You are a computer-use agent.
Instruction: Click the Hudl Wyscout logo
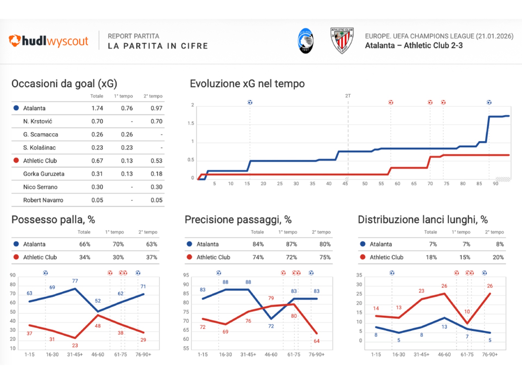[x=48, y=41]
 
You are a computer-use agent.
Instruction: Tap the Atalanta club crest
[x=306, y=41]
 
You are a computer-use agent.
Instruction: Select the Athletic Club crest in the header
[x=342, y=41]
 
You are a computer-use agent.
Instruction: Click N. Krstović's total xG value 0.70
[x=97, y=121]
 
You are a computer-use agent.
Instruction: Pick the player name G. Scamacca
[x=41, y=134]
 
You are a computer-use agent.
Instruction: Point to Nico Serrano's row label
[x=40, y=187]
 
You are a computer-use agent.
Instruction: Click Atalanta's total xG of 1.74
[x=97, y=108]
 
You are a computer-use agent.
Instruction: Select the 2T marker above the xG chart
[x=348, y=96]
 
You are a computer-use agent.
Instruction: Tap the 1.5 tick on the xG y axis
[x=191, y=123]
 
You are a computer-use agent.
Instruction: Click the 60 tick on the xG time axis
[x=397, y=184]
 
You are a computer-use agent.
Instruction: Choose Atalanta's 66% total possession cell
[x=85, y=244]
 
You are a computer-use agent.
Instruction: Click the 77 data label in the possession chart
[x=75, y=281]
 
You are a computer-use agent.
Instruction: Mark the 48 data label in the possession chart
[x=98, y=326]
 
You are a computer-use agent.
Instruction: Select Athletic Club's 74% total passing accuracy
[x=258, y=257]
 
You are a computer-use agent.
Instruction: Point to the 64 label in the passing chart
[x=316, y=341]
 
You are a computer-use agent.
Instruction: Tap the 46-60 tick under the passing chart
[x=271, y=355]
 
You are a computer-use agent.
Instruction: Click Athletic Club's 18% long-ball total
[x=431, y=257]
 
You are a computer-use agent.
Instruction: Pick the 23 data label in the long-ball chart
[x=421, y=291]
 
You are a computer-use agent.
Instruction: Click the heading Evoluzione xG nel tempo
[x=247, y=84]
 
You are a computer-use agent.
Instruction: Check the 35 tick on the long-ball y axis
[x=359, y=275]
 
